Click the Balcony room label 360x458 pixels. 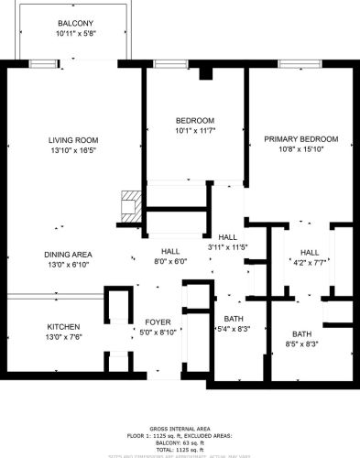(x=75, y=23)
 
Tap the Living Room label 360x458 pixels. (x=73, y=140)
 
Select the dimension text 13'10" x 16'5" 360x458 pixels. (x=73, y=150)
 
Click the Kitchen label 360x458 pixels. (x=64, y=327)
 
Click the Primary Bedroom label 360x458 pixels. (x=301, y=139)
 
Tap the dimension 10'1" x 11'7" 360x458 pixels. (x=195, y=132)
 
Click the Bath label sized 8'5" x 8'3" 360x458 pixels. (x=301, y=333)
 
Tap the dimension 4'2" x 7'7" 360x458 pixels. (x=310, y=262)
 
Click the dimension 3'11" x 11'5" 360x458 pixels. (x=228, y=247)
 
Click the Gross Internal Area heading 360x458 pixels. (x=180, y=429)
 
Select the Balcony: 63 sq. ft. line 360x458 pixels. (x=180, y=443)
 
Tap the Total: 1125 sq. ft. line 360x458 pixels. (x=180, y=450)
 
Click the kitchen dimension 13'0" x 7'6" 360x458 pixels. (x=64, y=337)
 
